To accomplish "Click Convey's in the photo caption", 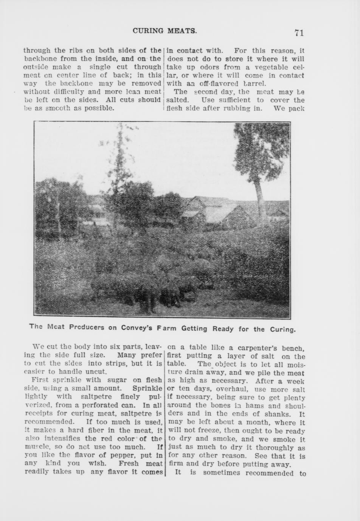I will [137, 328].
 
